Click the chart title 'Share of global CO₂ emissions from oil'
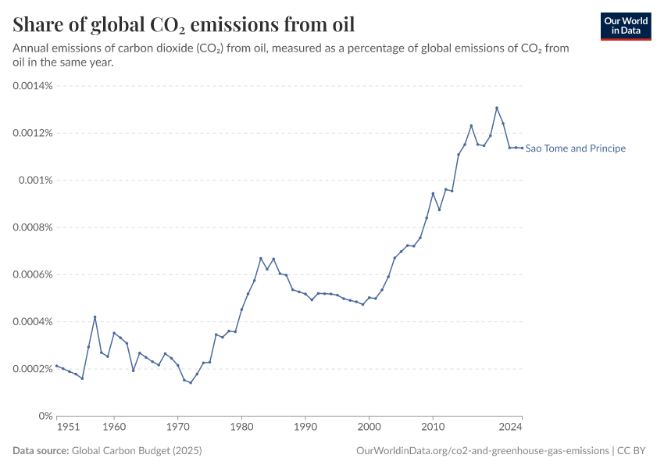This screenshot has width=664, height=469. tap(184, 24)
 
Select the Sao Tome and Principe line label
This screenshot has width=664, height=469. tap(576, 149)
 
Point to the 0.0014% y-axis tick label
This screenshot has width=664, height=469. tap(32, 86)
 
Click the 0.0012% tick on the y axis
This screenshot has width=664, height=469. tap(32, 133)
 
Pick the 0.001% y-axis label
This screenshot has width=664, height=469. tap(35, 181)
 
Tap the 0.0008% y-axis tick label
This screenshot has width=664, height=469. tap(32, 227)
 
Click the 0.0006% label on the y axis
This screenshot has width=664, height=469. tap(32, 274)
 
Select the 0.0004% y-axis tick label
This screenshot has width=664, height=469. tap(32, 322)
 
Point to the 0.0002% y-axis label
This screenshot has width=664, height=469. tap(32, 369)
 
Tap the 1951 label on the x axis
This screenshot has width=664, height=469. tap(68, 428)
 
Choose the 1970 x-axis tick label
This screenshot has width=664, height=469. tap(177, 428)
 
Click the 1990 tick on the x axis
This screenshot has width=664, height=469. tap(305, 428)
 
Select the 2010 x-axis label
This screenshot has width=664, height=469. tap(433, 428)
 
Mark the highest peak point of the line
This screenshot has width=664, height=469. tap(497, 108)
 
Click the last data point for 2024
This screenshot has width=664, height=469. tap(522, 148)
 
